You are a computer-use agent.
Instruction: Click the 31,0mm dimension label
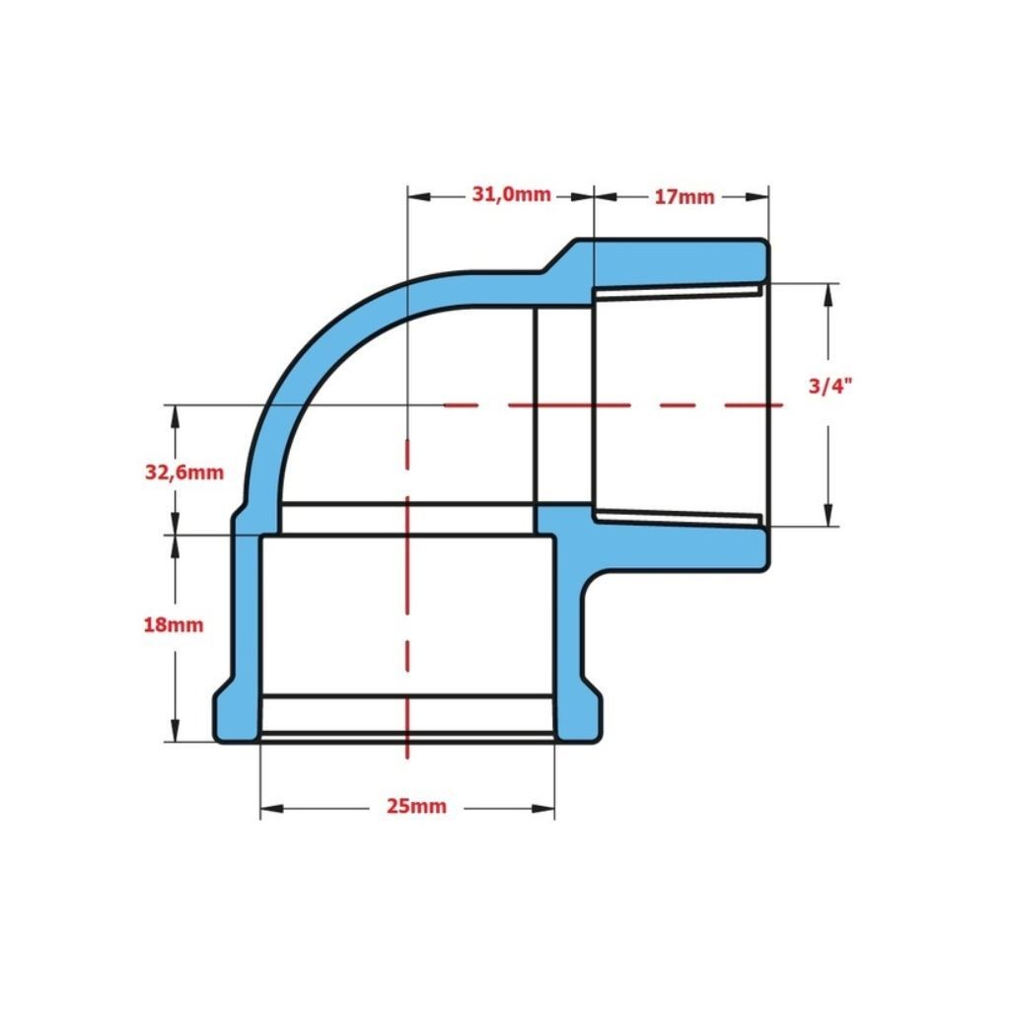[512, 194]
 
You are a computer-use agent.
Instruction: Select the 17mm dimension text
[685, 197]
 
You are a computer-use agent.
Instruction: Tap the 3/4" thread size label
[830, 386]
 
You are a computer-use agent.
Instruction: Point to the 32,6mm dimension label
[184, 472]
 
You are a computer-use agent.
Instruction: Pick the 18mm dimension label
[174, 624]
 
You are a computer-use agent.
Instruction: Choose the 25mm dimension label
[416, 806]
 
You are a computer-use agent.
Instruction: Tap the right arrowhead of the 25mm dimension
[543, 809]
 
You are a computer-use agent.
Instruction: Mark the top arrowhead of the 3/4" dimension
[829, 295]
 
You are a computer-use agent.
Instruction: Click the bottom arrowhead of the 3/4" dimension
[829, 515]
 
